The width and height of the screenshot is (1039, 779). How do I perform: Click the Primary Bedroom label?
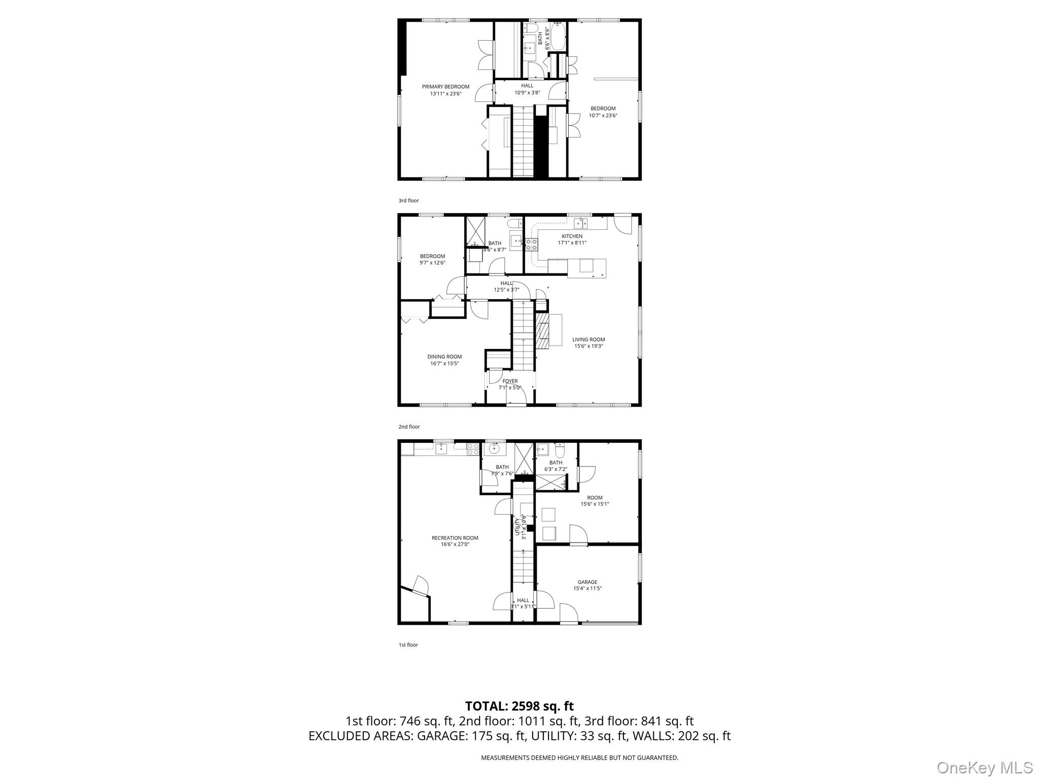(445, 87)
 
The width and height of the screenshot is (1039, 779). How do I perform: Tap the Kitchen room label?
(572, 236)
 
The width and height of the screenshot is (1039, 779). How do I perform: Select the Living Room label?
(588, 340)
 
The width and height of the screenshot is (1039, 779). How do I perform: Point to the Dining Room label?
(444, 357)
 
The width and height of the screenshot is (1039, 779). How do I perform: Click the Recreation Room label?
(455, 538)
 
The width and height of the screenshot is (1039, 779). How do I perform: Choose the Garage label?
(587, 582)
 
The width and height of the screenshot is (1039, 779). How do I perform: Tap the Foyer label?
(510, 381)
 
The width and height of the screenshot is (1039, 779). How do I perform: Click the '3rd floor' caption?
(408, 201)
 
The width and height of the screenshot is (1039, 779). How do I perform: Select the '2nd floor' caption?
(409, 427)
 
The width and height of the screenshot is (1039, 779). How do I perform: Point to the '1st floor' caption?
(408, 645)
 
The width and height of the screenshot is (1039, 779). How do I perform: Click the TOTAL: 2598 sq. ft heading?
(519, 706)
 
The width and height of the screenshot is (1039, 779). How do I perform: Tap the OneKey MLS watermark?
(985, 767)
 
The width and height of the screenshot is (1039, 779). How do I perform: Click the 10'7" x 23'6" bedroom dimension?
(603, 116)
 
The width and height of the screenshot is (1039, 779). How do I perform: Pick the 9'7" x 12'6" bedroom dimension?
(432, 263)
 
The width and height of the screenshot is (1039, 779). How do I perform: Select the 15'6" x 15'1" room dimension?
(595, 504)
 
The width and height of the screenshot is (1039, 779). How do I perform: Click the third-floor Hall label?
(527, 86)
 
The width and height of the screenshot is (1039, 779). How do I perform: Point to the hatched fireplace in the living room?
(543, 335)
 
